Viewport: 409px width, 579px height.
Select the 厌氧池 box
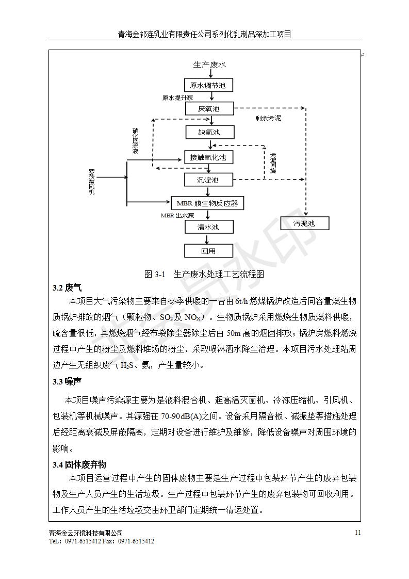[209, 109]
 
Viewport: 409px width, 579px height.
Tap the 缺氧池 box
[209, 132]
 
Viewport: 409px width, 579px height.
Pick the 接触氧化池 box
[209, 156]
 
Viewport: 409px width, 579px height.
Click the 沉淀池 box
[209, 180]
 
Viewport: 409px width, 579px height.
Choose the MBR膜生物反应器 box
[207, 203]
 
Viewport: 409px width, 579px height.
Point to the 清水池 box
[209, 227]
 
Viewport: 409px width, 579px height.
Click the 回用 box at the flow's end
[209, 251]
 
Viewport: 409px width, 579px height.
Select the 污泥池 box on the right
[304, 223]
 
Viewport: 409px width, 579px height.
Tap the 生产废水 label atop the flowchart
[209, 65]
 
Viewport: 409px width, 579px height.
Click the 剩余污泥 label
[268, 118]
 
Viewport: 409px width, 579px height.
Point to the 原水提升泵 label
[177, 98]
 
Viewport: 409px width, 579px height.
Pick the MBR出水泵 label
[177, 215]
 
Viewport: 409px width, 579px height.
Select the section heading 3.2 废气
[67, 287]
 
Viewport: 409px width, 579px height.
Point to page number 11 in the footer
[358, 533]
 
